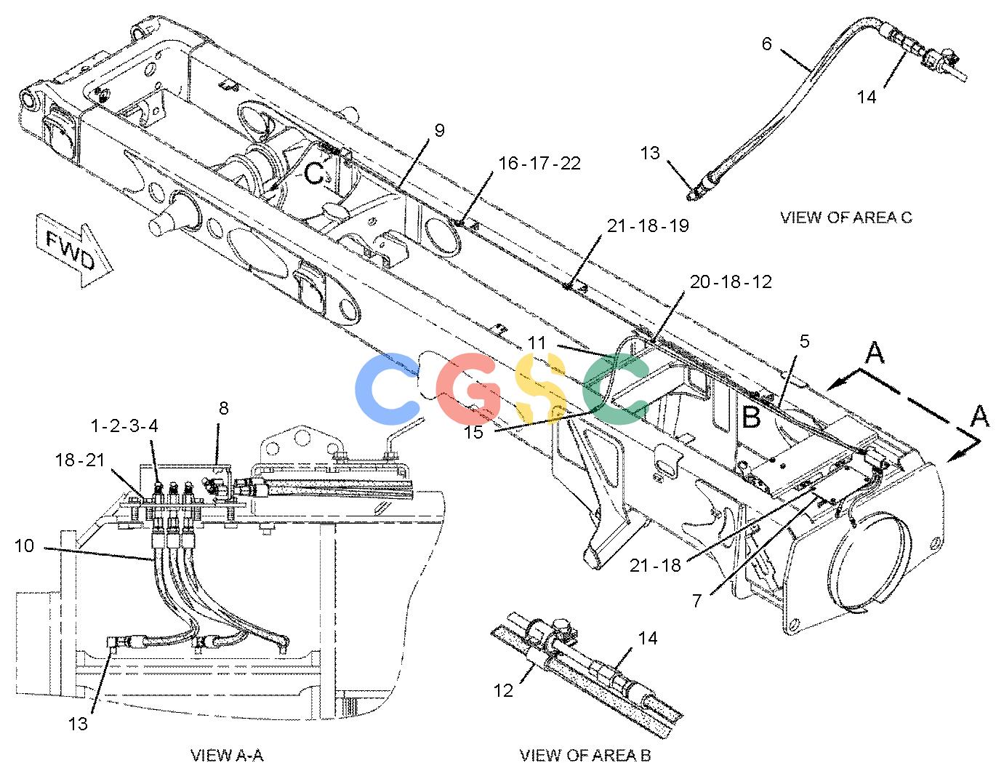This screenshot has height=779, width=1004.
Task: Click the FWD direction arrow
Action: tap(74, 250)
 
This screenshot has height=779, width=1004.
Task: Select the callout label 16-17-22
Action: tap(539, 164)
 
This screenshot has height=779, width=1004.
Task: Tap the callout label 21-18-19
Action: tap(648, 226)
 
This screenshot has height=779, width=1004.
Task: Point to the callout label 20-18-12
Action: tap(731, 281)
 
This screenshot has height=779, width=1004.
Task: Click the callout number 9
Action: tap(439, 130)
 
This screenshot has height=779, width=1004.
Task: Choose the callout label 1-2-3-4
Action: tap(125, 426)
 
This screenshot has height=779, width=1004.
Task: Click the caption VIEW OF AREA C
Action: tap(846, 217)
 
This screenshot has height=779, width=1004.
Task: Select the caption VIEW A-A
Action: tap(227, 756)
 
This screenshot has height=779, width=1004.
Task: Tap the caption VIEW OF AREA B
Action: tap(585, 756)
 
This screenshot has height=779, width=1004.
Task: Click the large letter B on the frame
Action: tap(751, 417)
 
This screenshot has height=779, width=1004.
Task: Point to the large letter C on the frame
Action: tap(315, 173)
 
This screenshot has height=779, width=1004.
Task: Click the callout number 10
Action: tap(25, 546)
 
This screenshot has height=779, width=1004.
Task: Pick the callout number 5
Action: tap(804, 341)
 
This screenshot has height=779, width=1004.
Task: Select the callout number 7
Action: tap(697, 601)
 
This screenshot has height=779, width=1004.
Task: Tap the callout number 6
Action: tap(767, 44)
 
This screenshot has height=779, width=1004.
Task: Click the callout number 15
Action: tap(473, 433)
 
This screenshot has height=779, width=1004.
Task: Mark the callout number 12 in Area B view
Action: tap(504, 691)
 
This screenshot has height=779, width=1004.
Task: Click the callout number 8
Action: tap(224, 408)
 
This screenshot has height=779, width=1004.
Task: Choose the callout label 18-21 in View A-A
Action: tap(80, 460)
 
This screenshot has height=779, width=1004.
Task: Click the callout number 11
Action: tap(537, 343)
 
